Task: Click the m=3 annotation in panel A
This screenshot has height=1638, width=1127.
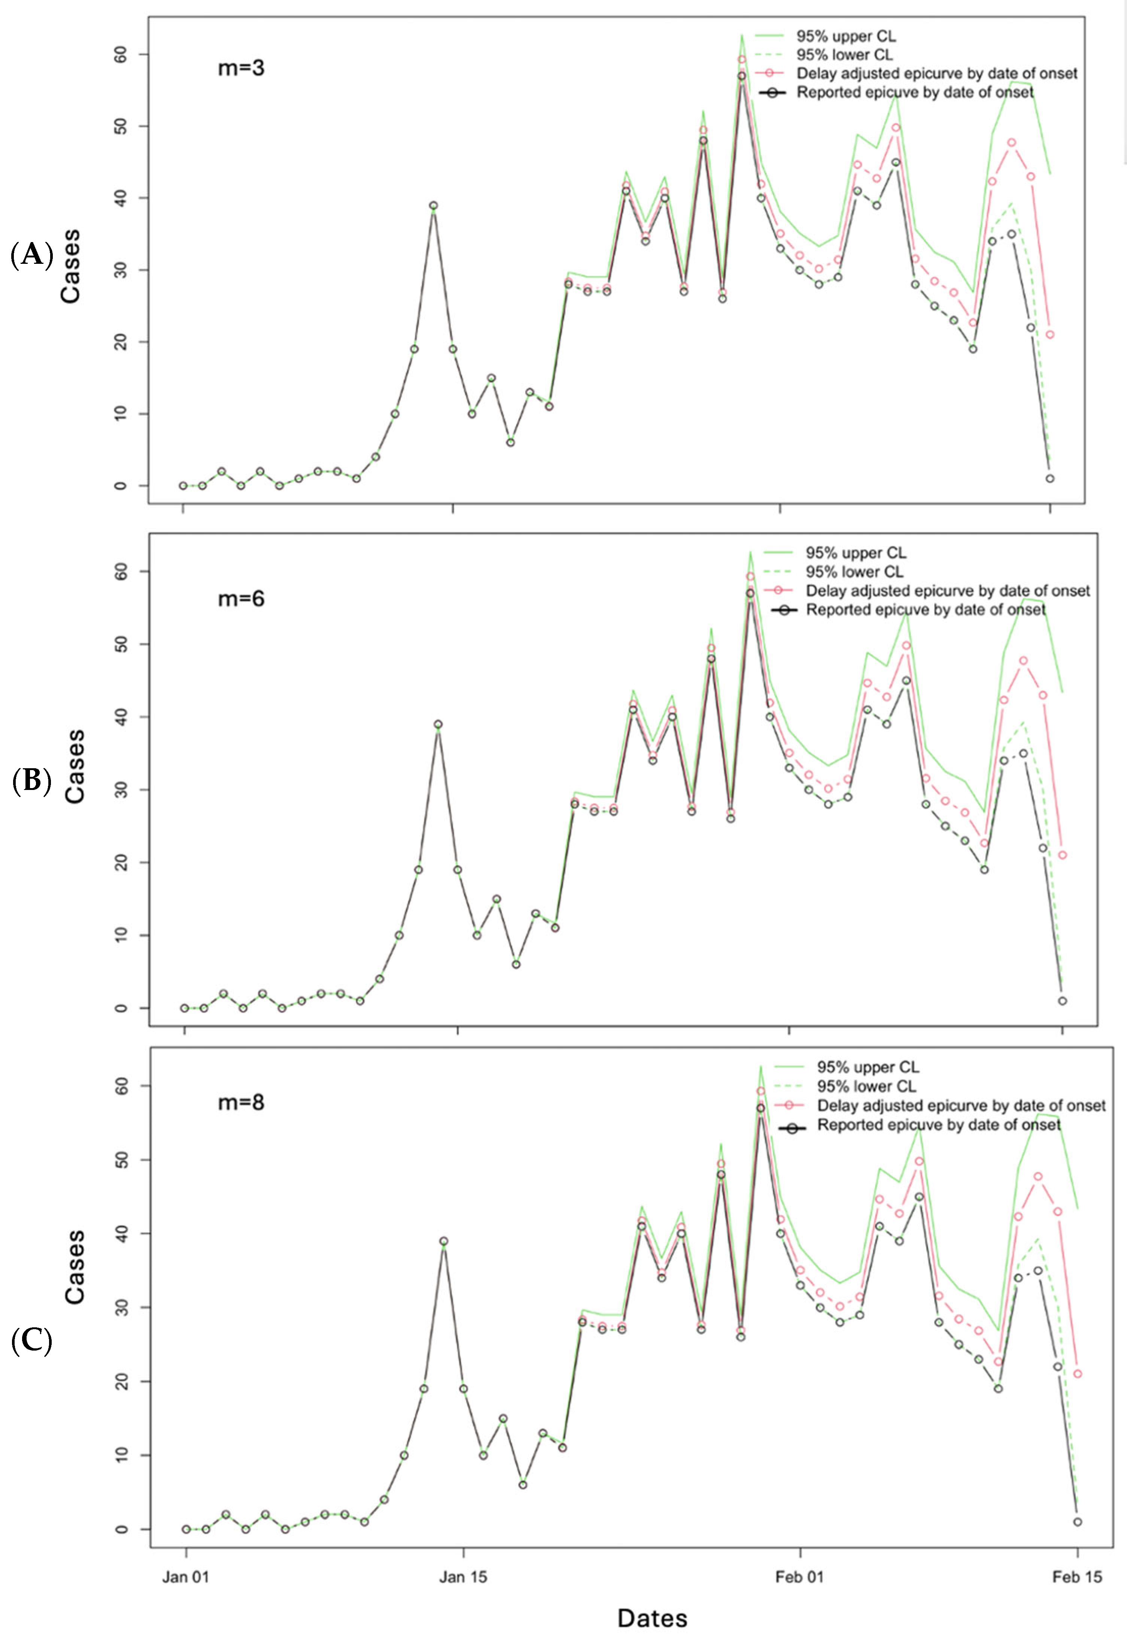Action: (241, 69)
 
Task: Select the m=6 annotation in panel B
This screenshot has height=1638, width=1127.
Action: (241, 599)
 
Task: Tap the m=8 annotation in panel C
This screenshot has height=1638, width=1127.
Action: (241, 1102)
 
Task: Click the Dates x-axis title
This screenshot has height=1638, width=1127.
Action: (652, 1618)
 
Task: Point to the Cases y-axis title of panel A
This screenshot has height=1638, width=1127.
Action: (71, 266)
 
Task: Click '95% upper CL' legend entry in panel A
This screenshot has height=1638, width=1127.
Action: (845, 36)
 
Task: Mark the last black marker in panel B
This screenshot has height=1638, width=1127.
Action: (1062, 1001)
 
